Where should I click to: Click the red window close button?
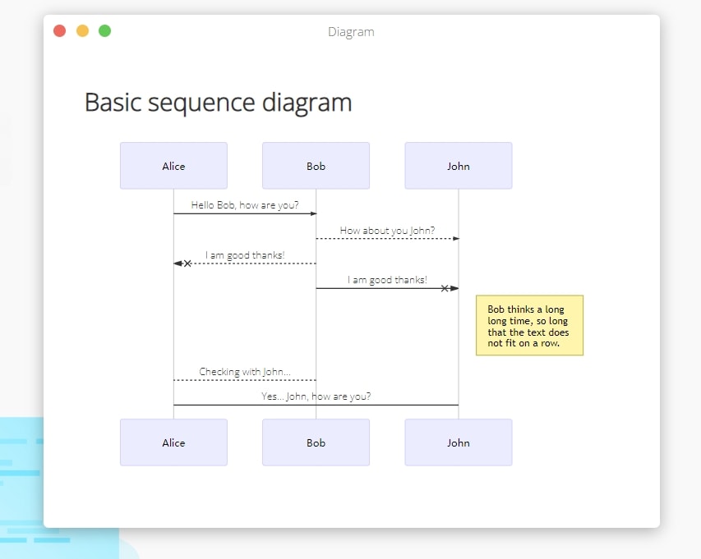59,31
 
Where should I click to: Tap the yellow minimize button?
82,31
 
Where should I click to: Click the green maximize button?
104,31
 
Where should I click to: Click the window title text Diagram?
351,32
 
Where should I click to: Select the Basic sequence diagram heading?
218,103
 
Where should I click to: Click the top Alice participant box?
173,166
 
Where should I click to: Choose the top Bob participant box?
316,166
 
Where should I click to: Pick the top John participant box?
459,166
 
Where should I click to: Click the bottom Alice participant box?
173,442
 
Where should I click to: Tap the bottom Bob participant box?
316,442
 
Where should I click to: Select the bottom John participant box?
459,442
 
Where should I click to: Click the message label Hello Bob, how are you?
245,205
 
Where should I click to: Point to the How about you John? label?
387,231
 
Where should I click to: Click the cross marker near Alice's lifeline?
187,263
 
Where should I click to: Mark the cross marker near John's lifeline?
445,288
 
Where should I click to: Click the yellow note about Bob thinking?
530,326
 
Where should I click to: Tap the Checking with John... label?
245,372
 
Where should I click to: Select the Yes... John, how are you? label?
316,396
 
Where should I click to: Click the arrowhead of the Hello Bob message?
313,213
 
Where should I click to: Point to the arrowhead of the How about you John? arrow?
456,238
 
